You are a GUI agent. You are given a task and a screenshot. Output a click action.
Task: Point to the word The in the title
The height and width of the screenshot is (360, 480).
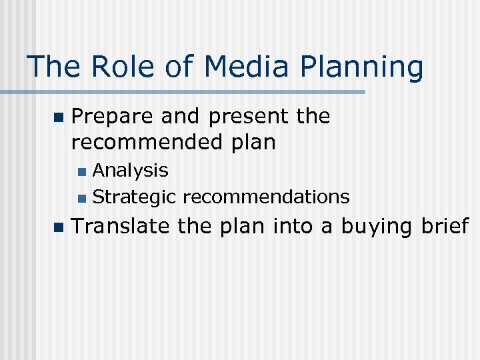(x=51, y=67)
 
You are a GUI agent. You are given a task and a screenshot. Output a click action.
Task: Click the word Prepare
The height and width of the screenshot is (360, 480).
(x=113, y=117)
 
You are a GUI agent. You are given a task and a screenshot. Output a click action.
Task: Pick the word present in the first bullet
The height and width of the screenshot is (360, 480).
(x=249, y=117)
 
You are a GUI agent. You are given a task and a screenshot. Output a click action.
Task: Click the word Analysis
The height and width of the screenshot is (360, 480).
(x=131, y=171)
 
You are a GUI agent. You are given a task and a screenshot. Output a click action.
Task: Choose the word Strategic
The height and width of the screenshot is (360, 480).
(x=135, y=197)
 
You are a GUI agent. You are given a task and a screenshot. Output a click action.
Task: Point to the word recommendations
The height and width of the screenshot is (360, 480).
(x=266, y=197)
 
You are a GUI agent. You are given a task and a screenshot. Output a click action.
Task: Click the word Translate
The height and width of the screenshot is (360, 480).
(x=121, y=227)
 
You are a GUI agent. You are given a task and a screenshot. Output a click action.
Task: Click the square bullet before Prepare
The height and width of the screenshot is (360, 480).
(x=58, y=117)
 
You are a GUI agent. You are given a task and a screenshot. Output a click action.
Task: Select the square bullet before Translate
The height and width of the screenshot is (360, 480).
(x=58, y=227)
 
